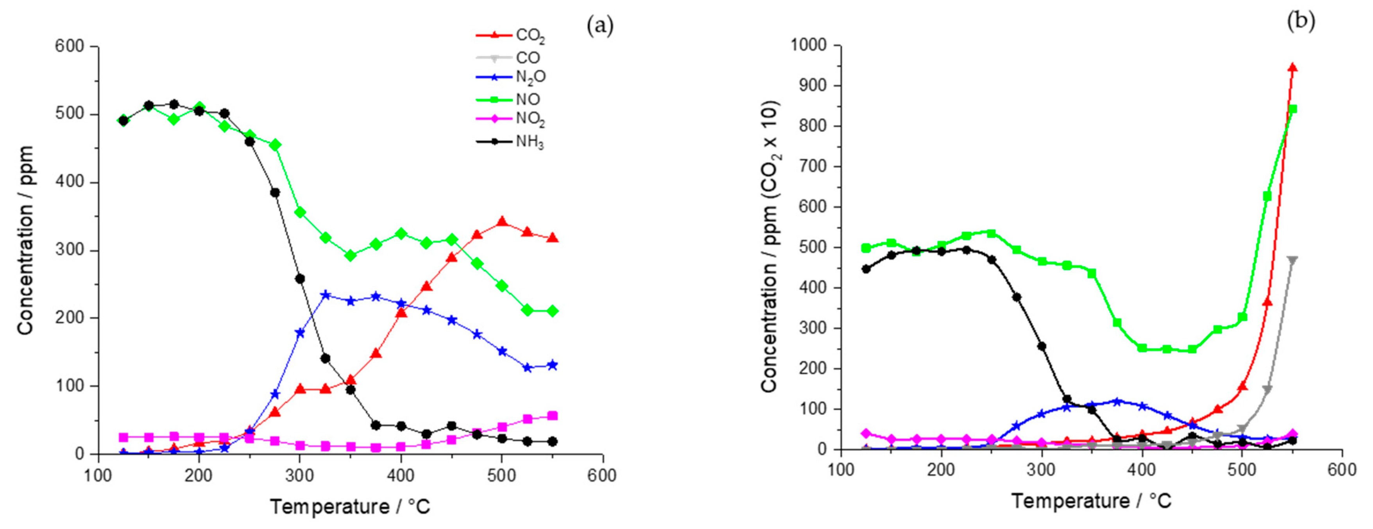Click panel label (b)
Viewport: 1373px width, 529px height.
1301,21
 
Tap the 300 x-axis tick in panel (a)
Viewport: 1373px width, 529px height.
299,475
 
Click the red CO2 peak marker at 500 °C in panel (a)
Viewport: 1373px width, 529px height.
501,222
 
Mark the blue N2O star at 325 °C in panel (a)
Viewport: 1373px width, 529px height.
326,295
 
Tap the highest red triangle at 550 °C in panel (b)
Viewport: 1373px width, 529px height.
1292,68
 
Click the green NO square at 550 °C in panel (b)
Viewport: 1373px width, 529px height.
1292,109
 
